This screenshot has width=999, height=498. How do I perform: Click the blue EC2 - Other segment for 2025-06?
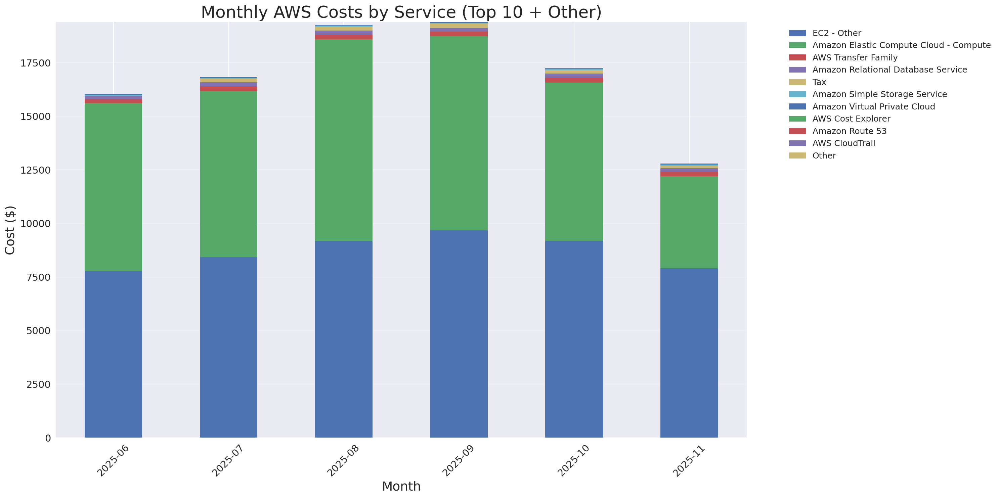(x=113, y=354)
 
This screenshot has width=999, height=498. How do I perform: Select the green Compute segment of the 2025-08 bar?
(x=344, y=140)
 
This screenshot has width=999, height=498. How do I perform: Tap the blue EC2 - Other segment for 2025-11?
(x=689, y=353)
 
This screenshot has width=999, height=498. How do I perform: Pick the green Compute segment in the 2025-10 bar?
(x=574, y=162)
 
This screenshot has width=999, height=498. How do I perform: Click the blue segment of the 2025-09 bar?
(x=459, y=334)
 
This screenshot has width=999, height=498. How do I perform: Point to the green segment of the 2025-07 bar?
(x=228, y=174)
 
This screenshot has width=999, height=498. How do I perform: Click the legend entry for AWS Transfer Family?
(x=855, y=57)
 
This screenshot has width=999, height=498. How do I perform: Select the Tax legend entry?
(x=819, y=82)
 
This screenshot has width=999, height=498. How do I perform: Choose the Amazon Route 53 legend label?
(x=849, y=131)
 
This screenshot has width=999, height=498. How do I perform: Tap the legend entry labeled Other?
(x=824, y=155)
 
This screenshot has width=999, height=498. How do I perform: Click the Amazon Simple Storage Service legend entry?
(x=879, y=94)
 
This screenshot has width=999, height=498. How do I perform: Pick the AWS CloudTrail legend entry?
(x=843, y=143)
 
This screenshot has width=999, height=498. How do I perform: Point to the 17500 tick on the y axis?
(x=35, y=63)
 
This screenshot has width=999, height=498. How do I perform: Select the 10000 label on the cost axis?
(x=35, y=224)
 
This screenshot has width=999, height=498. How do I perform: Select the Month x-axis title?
(x=401, y=486)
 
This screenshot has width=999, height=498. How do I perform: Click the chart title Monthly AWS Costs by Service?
(x=401, y=12)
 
